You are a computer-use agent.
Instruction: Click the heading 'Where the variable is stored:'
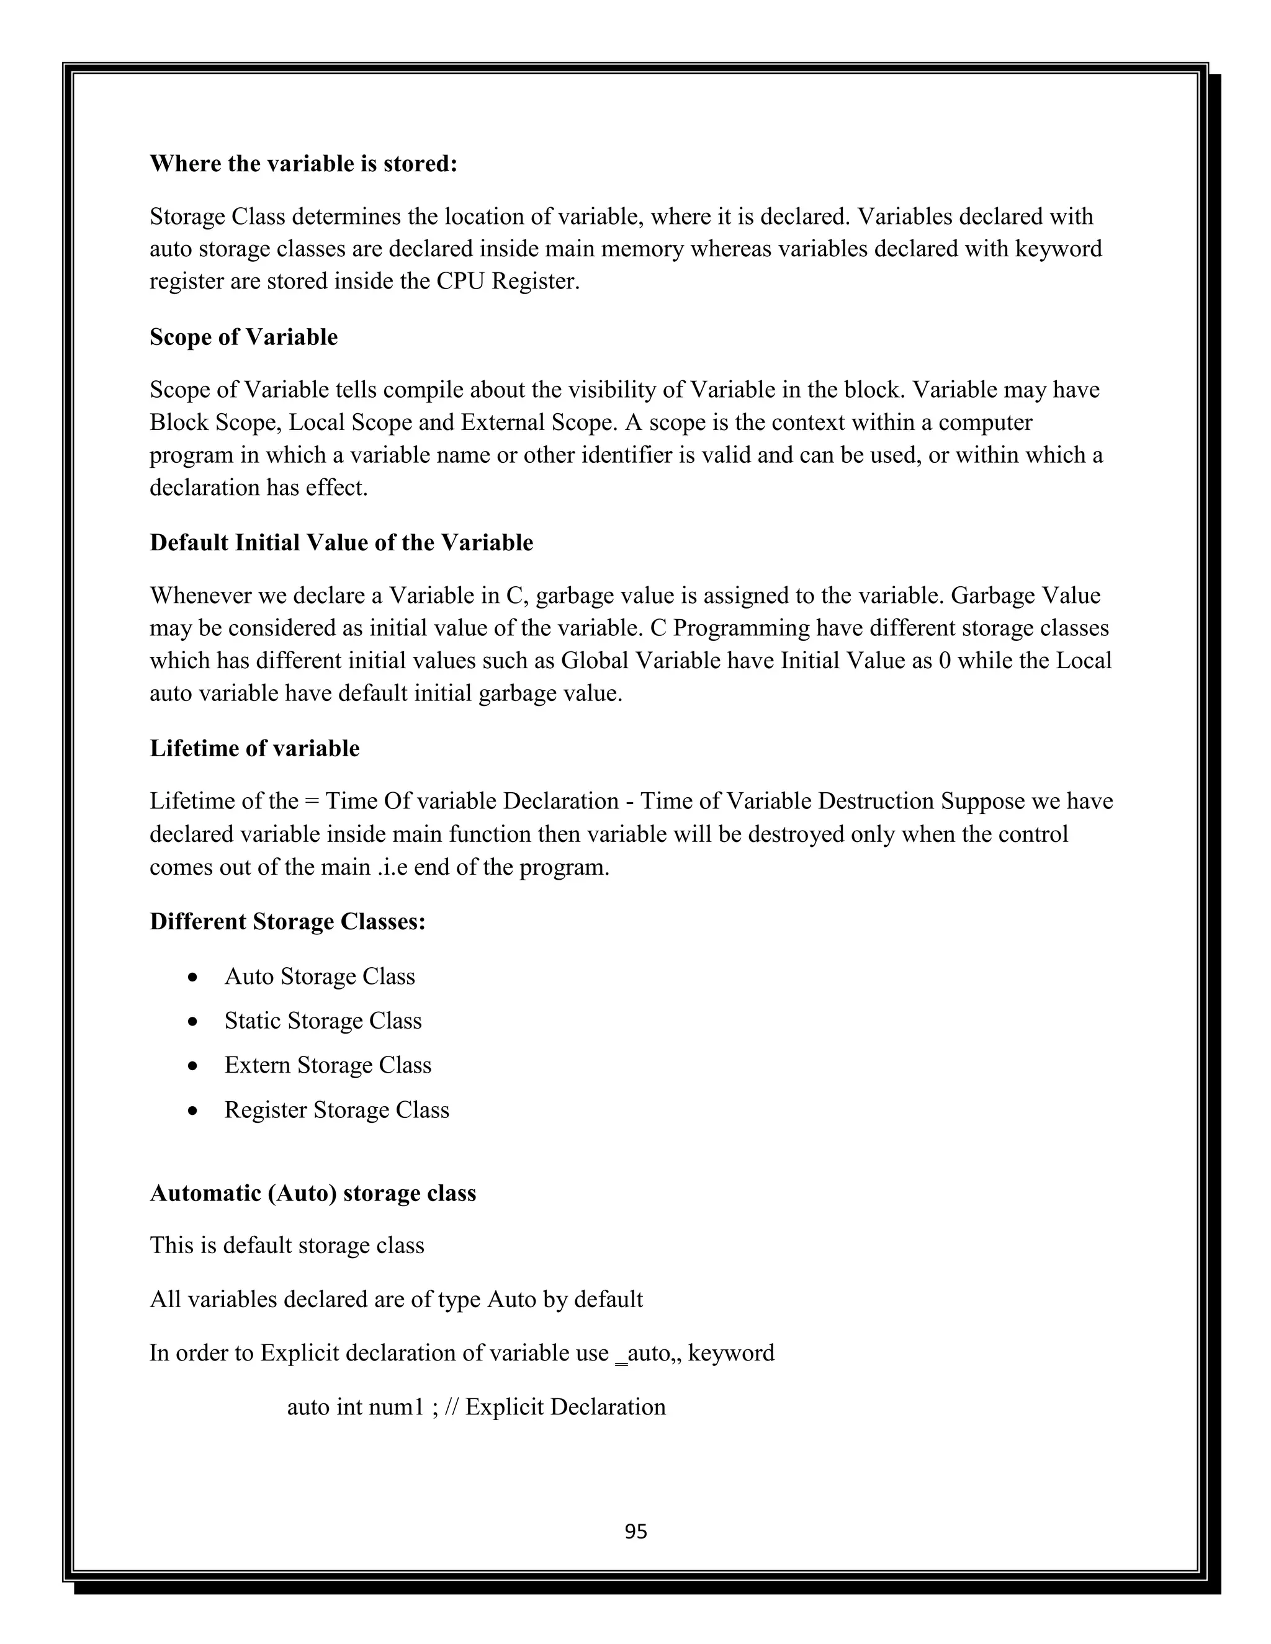pos(303,163)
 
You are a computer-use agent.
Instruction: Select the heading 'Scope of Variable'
pos(243,336)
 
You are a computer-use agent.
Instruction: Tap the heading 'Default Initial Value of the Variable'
pos(341,542)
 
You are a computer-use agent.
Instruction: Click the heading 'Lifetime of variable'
pos(254,748)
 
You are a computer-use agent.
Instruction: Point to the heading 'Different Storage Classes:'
pos(287,921)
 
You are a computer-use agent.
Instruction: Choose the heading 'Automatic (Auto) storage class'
pos(313,1193)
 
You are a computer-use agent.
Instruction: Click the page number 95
pos(635,1532)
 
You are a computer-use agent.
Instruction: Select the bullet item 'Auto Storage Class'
pos(319,976)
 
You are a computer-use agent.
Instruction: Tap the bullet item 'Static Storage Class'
pos(322,1021)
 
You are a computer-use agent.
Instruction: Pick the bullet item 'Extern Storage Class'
pos(328,1065)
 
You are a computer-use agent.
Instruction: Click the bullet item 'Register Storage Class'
pos(336,1110)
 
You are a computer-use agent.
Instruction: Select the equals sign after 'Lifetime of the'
pos(312,801)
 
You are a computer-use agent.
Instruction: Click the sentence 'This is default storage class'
pos(287,1245)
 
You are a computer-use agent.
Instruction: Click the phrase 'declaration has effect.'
pos(258,488)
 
